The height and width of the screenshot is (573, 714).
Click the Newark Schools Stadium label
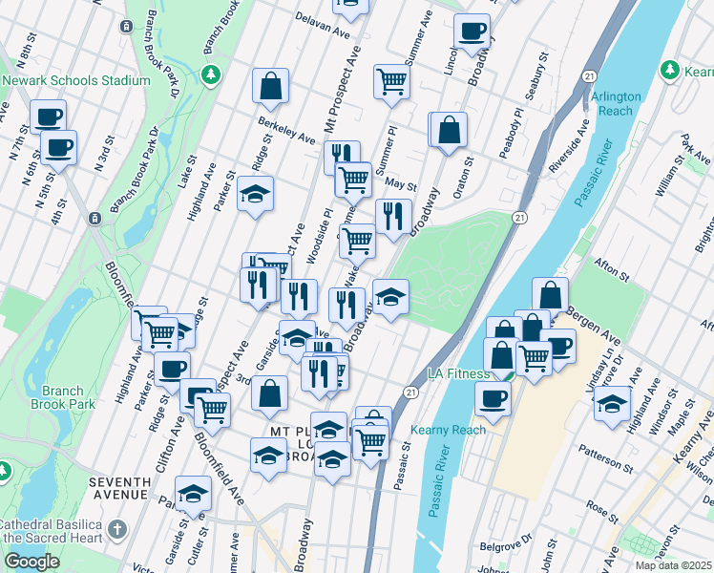tap(76, 81)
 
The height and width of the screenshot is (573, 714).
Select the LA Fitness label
tap(458, 373)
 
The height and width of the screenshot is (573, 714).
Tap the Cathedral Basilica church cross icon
tap(116, 528)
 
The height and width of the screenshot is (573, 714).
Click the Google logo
tap(31, 562)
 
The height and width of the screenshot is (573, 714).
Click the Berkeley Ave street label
tap(286, 131)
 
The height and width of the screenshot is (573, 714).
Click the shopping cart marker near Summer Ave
tap(391, 81)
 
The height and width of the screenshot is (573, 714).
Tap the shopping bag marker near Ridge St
tap(271, 85)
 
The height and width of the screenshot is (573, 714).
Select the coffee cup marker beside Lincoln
tap(472, 30)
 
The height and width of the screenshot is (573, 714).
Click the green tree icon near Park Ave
tap(670, 70)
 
